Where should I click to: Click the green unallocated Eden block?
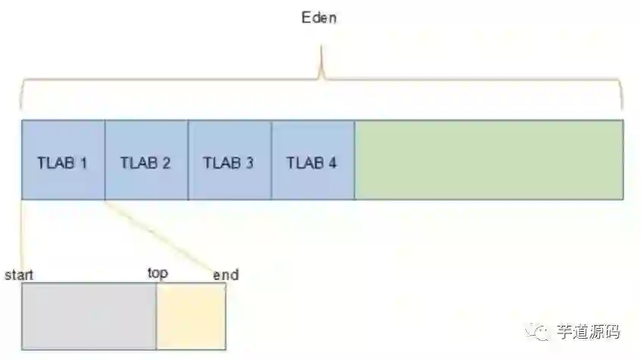(x=489, y=160)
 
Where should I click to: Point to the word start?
(x=19, y=274)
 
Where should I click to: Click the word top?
(x=158, y=272)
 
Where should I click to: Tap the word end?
(x=225, y=274)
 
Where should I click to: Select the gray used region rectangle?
(x=89, y=316)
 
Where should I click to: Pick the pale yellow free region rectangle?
(x=191, y=316)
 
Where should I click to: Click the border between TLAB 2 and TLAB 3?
(x=188, y=160)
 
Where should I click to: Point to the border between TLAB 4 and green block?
(x=355, y=160)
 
